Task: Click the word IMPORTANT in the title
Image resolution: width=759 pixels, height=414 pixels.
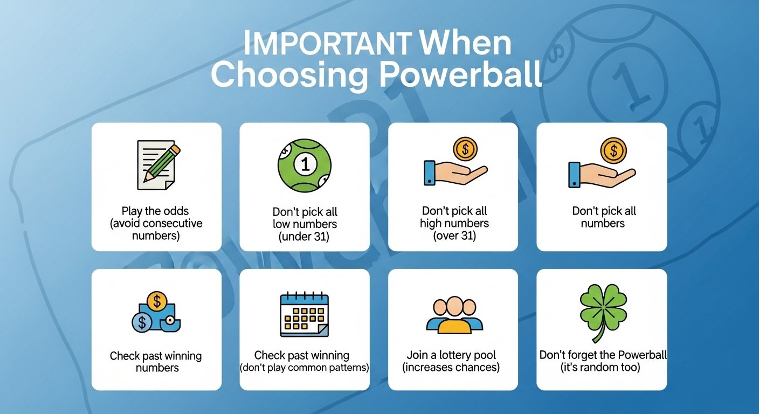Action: tap(328, 43)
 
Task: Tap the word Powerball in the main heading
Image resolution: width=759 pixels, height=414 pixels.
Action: tap(460, 74)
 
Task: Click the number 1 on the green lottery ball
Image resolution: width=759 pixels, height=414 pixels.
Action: tap(305, 164)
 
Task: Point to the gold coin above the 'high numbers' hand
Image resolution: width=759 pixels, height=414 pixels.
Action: tap(465, 149)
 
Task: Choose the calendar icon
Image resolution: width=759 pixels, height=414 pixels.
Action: tap(304, 314)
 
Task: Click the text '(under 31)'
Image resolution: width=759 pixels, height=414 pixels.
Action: tap(304, 237)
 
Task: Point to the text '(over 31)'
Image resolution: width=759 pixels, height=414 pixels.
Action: tap(454, 236)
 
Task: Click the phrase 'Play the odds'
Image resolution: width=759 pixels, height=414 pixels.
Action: tap(155, 211)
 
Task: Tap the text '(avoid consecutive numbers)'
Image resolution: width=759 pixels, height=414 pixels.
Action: tap(156, 229)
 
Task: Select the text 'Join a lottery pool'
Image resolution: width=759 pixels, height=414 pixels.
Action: tap(451, 355)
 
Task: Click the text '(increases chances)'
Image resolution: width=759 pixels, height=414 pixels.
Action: tap(451, 367)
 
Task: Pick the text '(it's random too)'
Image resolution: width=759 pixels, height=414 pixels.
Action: tap(600, 367)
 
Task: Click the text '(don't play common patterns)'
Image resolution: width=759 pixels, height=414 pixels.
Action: tap(304, 368)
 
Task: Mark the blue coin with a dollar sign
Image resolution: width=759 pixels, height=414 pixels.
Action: tap(142, 322)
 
